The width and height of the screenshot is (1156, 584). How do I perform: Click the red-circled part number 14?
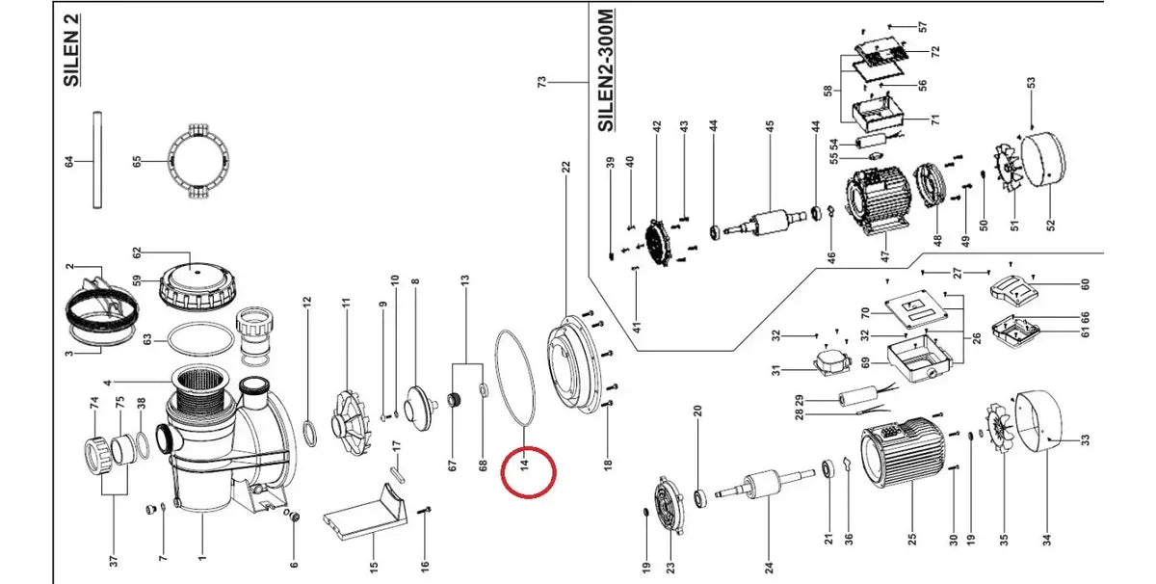click(x=525, y=463)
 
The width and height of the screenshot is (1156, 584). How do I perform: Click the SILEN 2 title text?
click(x=71, y=50)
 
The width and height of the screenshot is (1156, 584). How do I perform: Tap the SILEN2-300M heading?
click(x=606, y=70)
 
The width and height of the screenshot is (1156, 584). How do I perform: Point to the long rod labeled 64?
click(x=97, y=160)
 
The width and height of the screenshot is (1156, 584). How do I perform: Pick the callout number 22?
click(x=566, y=167)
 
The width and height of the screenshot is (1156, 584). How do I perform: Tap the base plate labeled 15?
click(x=366, y=511)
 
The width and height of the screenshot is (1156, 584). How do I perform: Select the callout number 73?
click(x=541, y=82)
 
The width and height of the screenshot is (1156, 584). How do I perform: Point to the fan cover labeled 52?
click(x=1044, y=158)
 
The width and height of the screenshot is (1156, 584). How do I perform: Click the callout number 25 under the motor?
click(x=912, y=539)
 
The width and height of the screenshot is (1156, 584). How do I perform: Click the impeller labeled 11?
click(x=351, y=422)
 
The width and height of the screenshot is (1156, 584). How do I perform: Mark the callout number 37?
click(x=114, y=560)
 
